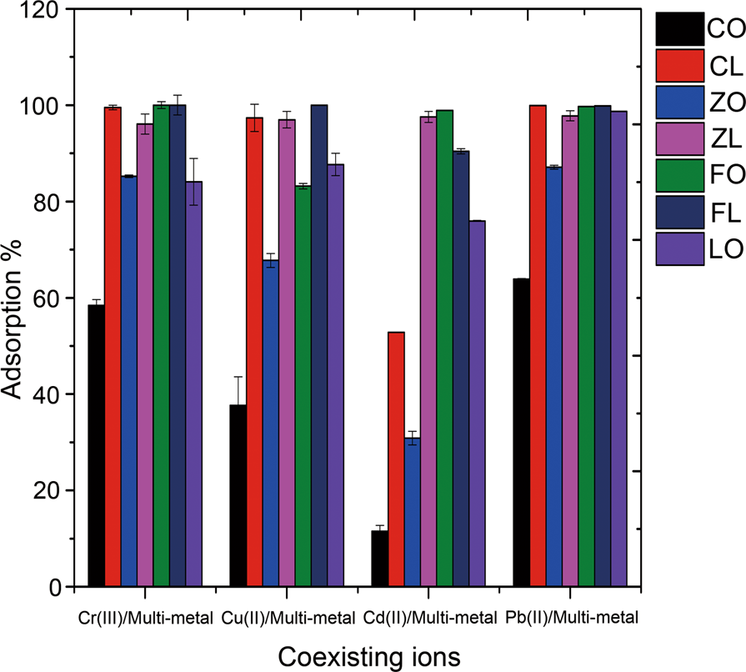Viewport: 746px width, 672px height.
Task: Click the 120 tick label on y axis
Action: pos(41,10)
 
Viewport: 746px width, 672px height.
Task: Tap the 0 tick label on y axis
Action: pos(55,587)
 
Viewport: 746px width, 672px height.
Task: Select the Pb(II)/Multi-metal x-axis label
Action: pos(571,619)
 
